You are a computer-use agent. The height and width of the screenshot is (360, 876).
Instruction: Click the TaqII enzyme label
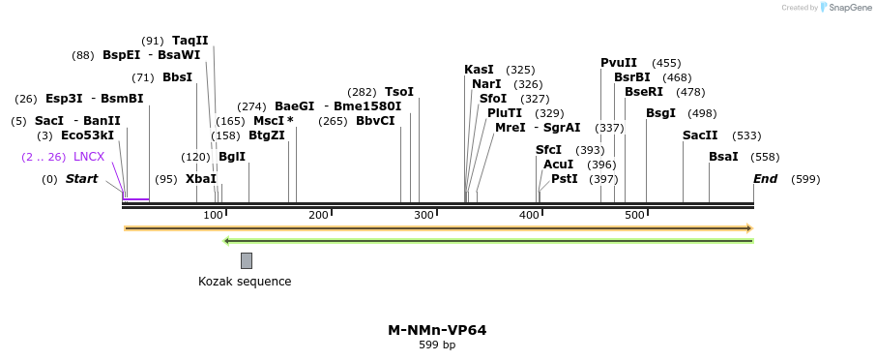click(190, 41)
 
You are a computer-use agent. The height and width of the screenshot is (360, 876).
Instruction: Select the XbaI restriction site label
click(201, 179)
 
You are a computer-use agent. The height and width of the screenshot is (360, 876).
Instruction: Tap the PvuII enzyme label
click(619, 63)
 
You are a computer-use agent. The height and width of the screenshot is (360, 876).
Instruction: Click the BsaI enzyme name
click(723, 157)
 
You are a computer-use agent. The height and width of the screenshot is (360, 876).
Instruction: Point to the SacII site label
click(700, 135)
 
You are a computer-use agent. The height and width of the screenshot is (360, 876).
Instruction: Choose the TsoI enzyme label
click(399, 92)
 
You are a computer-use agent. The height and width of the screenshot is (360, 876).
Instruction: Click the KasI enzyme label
click(479, 70)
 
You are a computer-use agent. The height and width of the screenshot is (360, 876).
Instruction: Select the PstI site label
click(564, 179)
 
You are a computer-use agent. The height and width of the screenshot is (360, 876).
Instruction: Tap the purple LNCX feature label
click(89, 157)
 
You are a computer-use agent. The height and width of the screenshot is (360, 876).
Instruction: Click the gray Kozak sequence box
click(247, 260)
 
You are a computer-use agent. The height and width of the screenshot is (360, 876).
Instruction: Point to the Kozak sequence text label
click(245, 282)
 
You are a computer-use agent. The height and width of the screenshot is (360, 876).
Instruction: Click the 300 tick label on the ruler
click(423, 215)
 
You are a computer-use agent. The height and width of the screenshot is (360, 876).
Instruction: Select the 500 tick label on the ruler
click(634, 215)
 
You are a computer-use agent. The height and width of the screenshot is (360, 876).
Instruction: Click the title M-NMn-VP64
click(437, 330)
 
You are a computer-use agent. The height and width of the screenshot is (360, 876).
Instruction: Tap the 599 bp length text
click(437, 345)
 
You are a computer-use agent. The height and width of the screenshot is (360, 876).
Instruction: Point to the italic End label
click(765, 179)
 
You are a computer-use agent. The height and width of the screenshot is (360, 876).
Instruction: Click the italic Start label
click(81, 179)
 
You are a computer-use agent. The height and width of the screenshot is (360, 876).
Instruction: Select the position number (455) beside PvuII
click(666, 63)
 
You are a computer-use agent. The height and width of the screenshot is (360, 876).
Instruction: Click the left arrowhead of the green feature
click(226, 241)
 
